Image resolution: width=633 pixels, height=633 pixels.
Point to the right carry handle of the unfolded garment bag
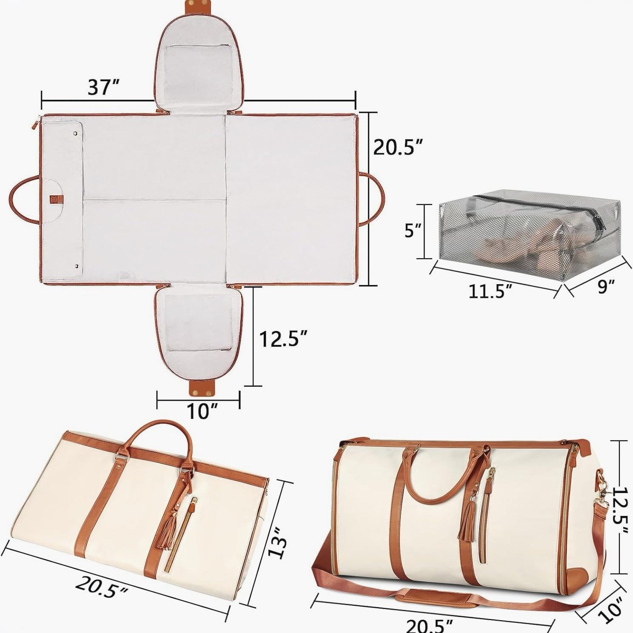(376, 198)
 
